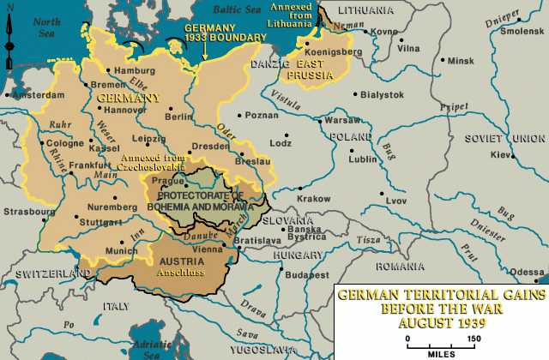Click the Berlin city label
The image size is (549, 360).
point(179,116)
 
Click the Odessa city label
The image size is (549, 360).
point(526,271)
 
